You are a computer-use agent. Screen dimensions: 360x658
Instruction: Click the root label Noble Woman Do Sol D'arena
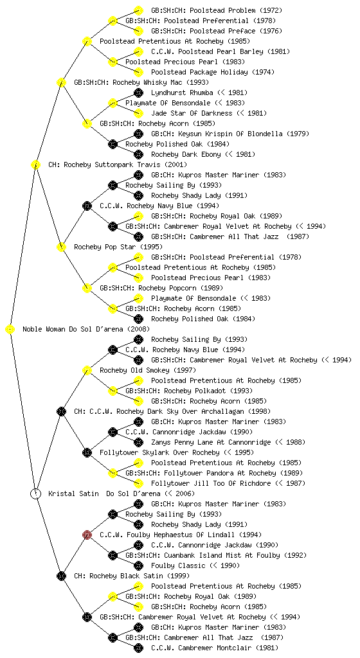point(86,330)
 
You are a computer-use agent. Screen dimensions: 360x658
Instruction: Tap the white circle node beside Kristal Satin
point(36,493)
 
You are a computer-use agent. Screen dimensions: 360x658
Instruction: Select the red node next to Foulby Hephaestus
point(87,535)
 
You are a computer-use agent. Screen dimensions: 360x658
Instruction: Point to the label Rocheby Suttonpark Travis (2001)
point(118,165)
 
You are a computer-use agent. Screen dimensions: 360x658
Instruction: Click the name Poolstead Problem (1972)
point(217,10)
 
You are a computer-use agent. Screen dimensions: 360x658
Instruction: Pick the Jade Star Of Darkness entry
point(209,113)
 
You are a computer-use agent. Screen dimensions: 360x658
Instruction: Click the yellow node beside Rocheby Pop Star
point(61,247)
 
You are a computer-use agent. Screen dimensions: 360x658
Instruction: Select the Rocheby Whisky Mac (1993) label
point(141,83)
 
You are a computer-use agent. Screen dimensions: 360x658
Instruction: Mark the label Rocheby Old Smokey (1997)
point(148,371)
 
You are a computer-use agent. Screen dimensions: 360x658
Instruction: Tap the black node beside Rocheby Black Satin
point(61,576)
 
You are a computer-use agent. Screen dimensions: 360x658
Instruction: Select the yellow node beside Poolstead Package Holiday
point(138,72)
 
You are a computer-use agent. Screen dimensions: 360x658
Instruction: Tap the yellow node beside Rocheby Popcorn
point(87,288)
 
